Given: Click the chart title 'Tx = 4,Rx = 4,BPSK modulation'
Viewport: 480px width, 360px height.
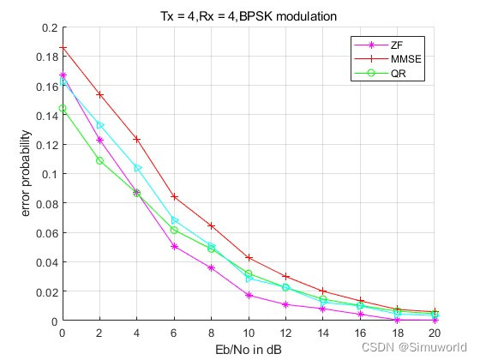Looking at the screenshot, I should click(x=249, y=16).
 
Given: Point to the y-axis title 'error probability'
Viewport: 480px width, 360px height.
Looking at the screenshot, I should click(x=27, y=174).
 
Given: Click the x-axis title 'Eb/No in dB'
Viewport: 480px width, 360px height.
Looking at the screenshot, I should click(x=249, y=349).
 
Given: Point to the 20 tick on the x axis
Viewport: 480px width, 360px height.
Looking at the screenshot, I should click(x=435, y=333).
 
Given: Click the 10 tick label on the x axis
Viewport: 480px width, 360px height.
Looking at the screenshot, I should click(x=249, y=333).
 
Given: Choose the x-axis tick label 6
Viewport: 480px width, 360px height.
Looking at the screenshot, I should click(x=174, y=333).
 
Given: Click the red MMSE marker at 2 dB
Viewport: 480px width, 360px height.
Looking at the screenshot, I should click(x=100, y=94).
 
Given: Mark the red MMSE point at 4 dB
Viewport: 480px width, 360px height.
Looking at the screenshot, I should click(x=137, y=139).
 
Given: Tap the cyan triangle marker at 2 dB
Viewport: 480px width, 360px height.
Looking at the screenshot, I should click(x=100, y=125).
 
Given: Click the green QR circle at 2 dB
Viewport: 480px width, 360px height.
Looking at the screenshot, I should click(x=100, y=160).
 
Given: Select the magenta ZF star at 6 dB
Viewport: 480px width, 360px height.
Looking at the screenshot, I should click(x=174, y=246).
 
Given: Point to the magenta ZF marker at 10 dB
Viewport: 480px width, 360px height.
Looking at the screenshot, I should click(x=249, y=295).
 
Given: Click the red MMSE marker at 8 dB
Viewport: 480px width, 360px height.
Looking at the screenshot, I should click(x=212, y=225).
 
